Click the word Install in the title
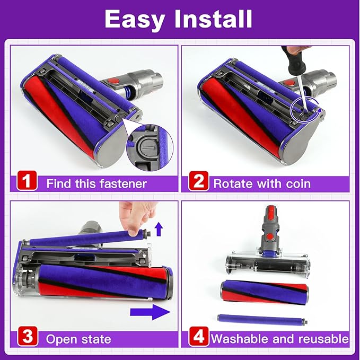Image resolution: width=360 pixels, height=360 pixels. (x=215, y=19)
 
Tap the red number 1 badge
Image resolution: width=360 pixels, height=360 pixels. (x=26, y=183)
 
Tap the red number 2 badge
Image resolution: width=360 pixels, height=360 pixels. (x=198, y=183)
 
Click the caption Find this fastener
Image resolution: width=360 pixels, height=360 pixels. (x=96, y=184)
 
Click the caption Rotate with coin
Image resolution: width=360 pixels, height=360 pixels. (x=262, y=184)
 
